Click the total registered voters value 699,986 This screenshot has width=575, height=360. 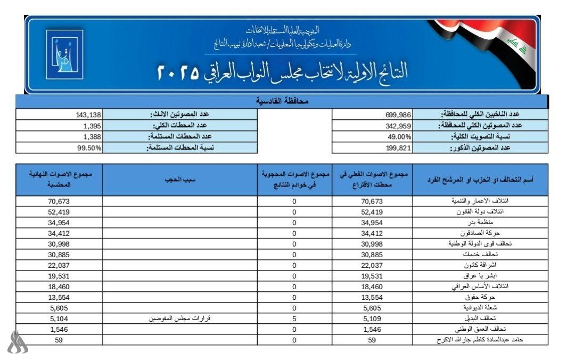coord(398,114)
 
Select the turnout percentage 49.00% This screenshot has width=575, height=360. coord(400,136)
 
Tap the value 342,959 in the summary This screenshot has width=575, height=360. coord(398,126)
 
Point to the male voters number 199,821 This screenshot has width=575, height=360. coord(398,148)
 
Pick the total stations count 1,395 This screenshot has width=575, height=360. coord(92,126)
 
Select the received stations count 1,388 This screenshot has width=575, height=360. coord(92,137)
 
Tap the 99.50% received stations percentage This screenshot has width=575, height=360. coord(89,148)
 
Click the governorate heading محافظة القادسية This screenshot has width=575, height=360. coord(282,101)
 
